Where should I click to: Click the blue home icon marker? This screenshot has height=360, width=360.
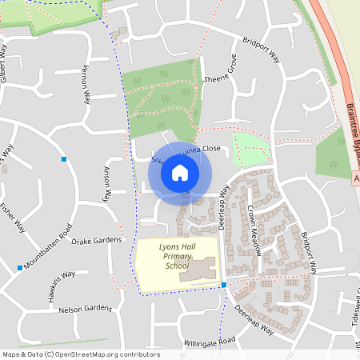(180, 172)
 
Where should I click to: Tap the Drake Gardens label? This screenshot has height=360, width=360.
(97, 240)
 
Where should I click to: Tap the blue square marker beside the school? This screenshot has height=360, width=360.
(224, 285)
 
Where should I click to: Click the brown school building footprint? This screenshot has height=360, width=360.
(199, 270)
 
